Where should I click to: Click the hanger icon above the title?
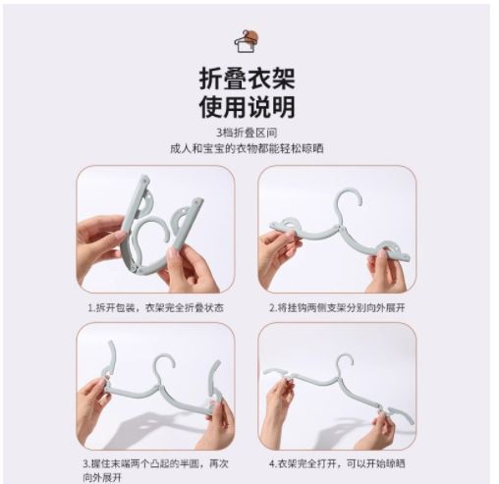point(247,41)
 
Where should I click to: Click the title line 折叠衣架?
point(248,79)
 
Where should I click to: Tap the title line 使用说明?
point(248,107)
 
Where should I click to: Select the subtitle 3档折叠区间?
point(247,133)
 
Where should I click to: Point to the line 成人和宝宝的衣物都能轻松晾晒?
point(247,148)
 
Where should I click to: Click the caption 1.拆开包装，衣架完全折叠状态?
point(156,308)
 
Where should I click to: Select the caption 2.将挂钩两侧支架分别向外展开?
point(337,308)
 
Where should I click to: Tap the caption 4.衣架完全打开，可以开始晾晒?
point(337,463)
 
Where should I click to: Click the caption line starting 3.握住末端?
point(155,463)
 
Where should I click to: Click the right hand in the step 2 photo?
point(386,273)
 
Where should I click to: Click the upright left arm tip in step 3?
point(111,344)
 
